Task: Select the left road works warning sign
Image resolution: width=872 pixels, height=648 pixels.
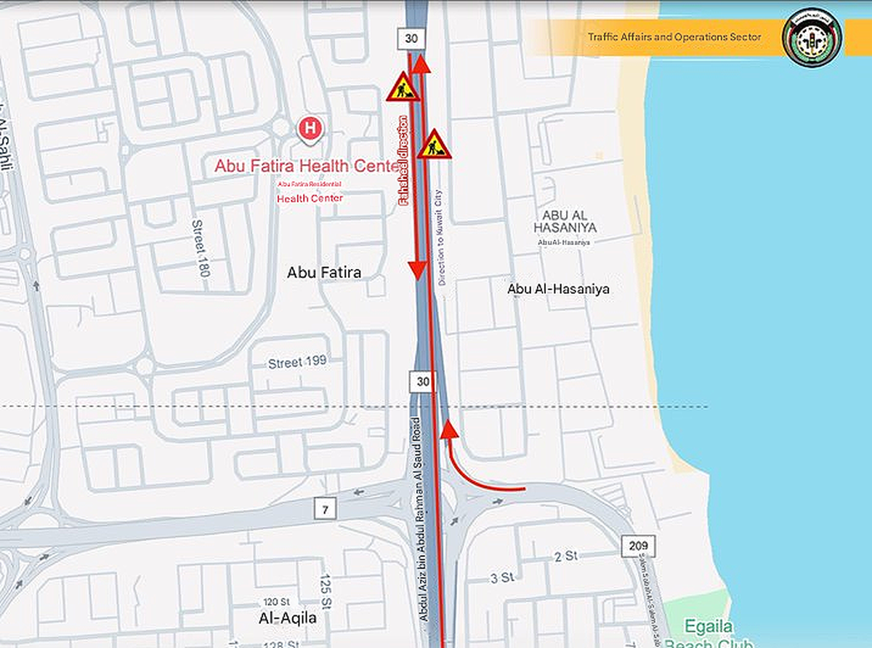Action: pyautogui.click(x=403, y=87)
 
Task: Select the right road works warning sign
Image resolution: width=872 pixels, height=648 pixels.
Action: pyautogui.click(x=435, y=145)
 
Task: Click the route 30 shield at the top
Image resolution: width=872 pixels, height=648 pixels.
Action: pyautogui.click(x=411, y=39)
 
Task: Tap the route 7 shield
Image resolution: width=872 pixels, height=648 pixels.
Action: pyautogui.click(x=325, y=509)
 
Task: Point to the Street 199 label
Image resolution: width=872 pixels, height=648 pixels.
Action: pyautogui.click(x=297, y=362)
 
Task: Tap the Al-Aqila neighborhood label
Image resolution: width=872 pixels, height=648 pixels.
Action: pyautogui.click(x=288, y=618)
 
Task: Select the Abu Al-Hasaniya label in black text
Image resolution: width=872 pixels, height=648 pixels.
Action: pyautogui.click(x=558, y=289)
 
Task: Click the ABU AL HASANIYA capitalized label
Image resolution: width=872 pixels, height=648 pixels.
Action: pyautogui.click(x=565, y=221)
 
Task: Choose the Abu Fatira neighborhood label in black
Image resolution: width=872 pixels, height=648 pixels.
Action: pyautogui.click(x=324, y=273)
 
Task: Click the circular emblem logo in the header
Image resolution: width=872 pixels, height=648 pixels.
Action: pyautogui.click(x=812, y=38)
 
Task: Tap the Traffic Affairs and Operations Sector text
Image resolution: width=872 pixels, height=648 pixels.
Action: pyautogui.click(x=674, y=36)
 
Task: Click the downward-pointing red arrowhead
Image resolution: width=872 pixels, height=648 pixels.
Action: pyautogui.click(x=417, y=271)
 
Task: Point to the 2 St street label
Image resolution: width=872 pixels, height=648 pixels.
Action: pyautogui.click(x=565, y=556)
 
